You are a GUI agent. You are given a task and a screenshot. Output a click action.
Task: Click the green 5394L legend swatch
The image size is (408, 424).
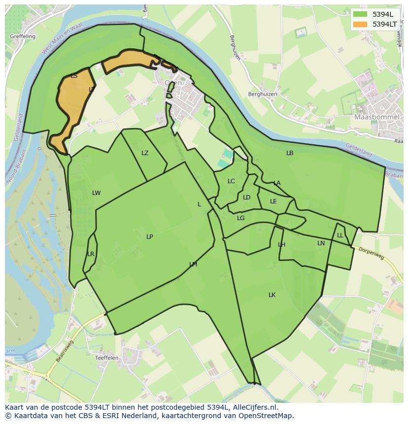click(360, 14)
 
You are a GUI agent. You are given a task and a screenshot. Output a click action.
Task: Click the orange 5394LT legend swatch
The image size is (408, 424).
click(360, 24)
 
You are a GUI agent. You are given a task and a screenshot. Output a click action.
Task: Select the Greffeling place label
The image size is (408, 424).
click(22, 36)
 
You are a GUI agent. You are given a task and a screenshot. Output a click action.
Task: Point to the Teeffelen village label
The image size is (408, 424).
click(106, 358)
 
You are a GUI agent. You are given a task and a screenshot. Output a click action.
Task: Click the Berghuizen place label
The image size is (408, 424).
click(263, 94)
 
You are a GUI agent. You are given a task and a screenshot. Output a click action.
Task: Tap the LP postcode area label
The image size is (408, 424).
click(149, 237)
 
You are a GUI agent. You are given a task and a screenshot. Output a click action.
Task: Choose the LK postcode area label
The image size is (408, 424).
click(272, 295)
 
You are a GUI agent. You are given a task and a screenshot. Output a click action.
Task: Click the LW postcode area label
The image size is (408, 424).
click(96, 193)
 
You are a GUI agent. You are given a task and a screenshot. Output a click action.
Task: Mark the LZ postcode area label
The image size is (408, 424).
click(145, 153)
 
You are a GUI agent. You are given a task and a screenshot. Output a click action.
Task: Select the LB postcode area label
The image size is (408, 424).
click(290, 153)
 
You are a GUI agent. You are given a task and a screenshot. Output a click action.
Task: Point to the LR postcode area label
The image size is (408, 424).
click(91, 254)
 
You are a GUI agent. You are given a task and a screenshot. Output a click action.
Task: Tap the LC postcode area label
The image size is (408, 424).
click(231, 181)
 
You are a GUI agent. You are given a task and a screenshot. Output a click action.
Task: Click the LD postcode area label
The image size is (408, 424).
click(246, 197)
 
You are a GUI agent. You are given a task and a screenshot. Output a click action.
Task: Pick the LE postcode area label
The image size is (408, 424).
click(273, 201)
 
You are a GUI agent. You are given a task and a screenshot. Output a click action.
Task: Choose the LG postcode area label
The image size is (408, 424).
click(240, 218)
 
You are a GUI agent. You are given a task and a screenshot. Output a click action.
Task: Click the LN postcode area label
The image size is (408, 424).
click(321, 243)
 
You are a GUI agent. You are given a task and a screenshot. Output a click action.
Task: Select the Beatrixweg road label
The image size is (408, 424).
click(64, 351)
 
